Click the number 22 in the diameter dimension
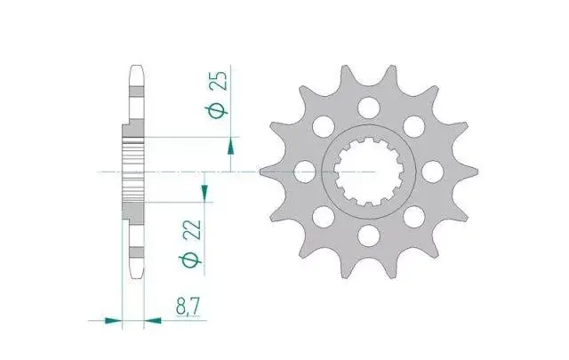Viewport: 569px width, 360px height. (x=192, y=229)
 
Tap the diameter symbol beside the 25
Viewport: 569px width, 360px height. (x=217, y=110)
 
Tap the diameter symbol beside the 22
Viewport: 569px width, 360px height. (x=190, y=260)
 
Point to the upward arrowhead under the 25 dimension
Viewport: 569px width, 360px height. (x=230, y=148)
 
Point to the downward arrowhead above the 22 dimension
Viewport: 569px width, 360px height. (x=204, y=191)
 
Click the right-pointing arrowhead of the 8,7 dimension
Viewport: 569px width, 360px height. (x=113, y=320)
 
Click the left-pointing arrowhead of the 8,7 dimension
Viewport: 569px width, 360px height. (x=153, y=320)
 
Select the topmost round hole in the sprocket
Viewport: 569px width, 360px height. (x=369, y=108)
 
